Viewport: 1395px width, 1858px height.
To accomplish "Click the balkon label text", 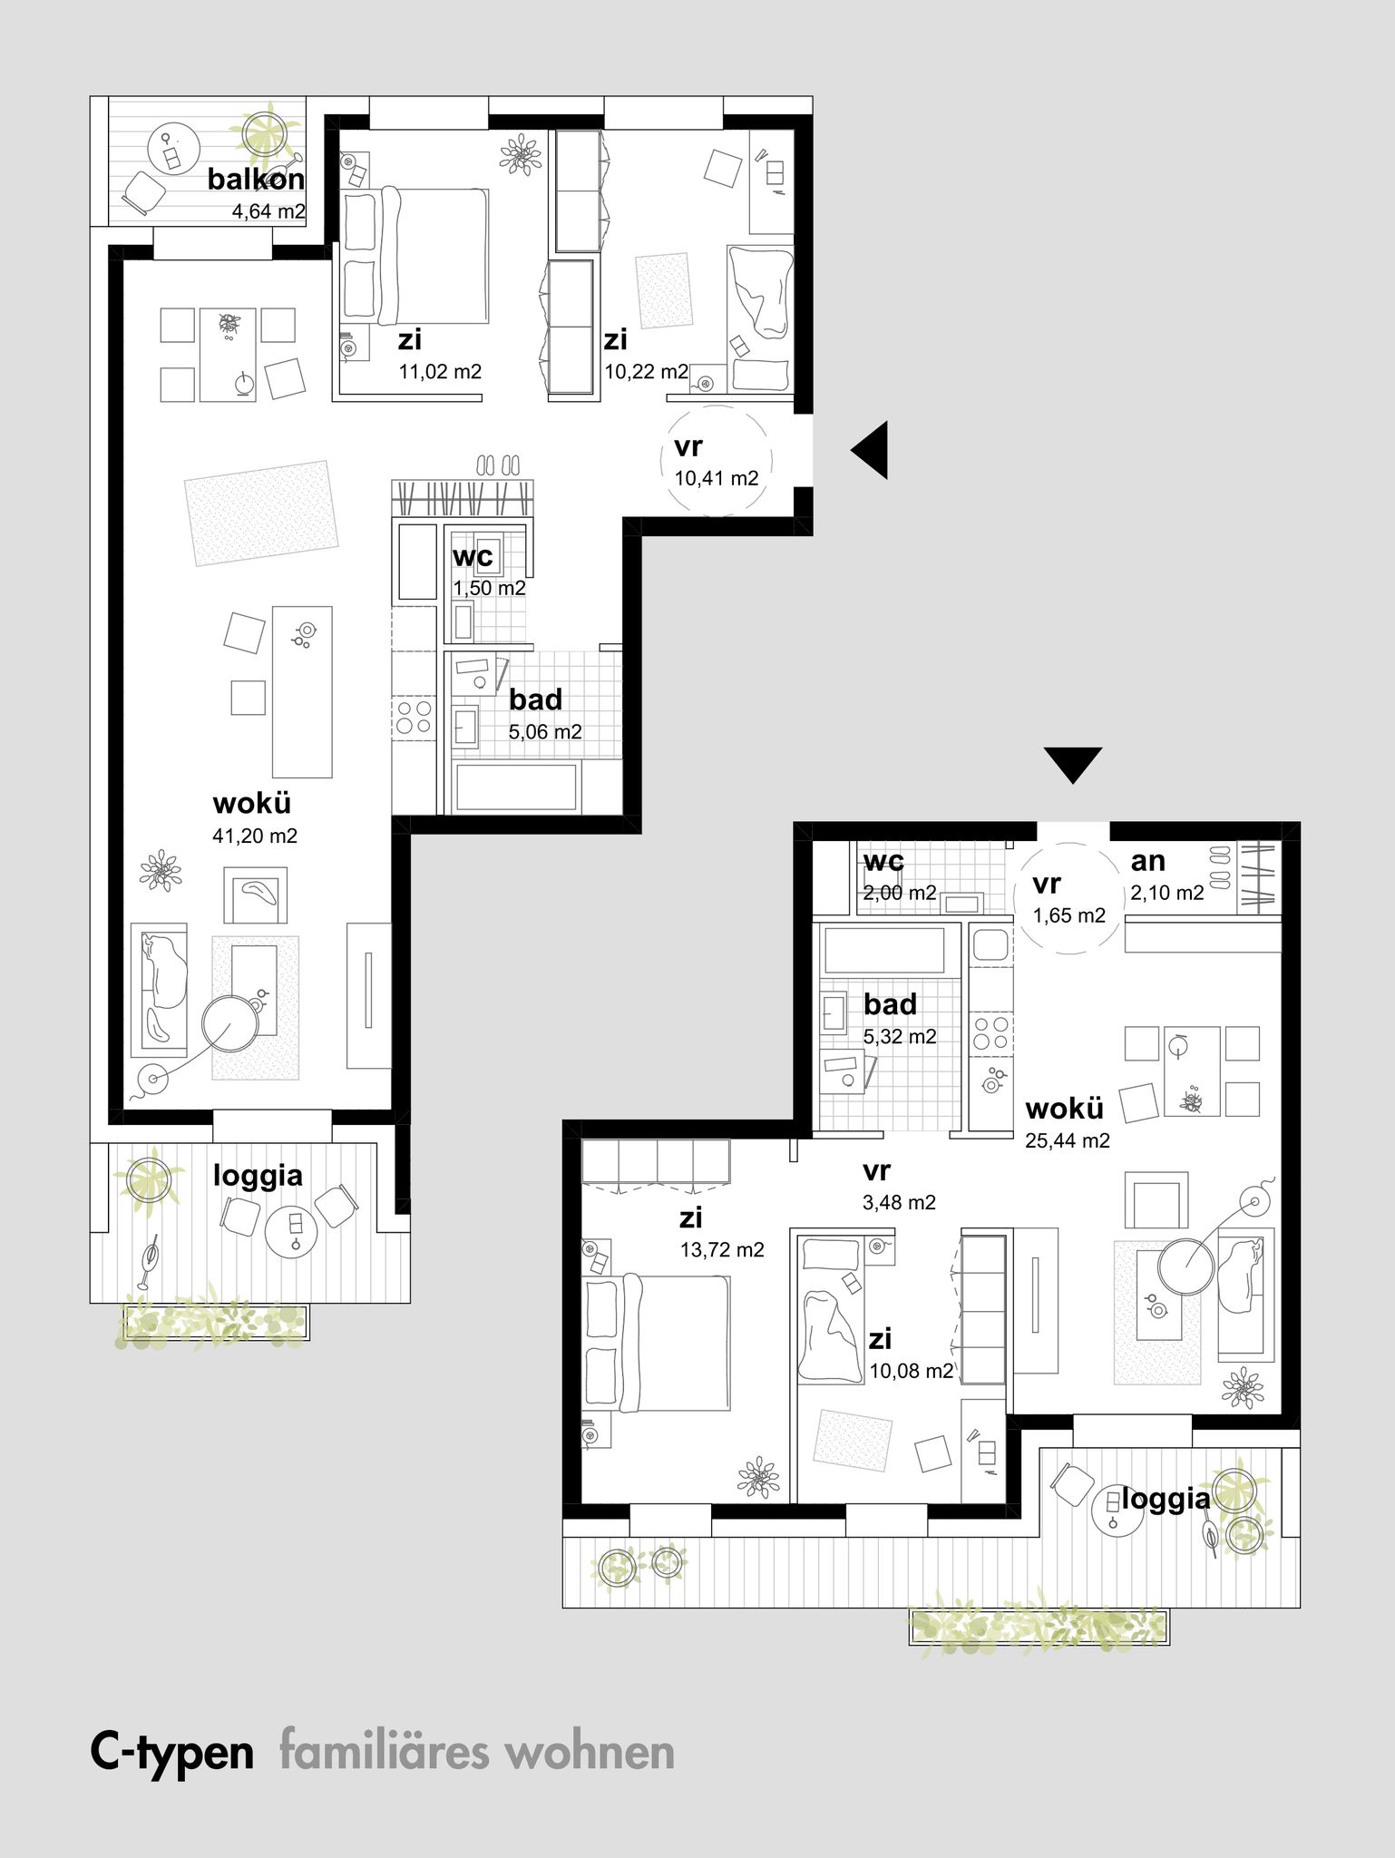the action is [x=256, y=180].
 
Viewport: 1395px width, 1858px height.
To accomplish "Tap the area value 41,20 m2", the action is [x=255, y=836].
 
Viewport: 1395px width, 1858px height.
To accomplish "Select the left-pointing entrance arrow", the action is [x=869, y=450].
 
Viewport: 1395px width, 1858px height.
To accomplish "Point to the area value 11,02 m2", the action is [x=440, y=371].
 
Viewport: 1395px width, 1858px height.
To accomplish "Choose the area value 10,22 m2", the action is [x=647, y=371].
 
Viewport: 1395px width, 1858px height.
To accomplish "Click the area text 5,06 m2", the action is [x=545, y=732].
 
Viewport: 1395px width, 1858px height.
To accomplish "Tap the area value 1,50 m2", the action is [x=490, y=588].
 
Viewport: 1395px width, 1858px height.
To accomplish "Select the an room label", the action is [x=1147, y=861].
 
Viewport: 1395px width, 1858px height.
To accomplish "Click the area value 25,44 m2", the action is [x=1068, y=1141].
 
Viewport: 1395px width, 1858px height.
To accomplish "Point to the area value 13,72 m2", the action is [x=722, y=1250].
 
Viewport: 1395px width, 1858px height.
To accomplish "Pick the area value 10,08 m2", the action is [x=912, y=1371].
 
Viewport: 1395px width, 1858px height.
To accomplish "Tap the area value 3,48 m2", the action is [x=900, y=1203].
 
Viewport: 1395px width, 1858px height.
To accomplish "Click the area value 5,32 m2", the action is [x=900, y=1037].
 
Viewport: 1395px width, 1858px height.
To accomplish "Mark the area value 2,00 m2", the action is [x=900, y=893].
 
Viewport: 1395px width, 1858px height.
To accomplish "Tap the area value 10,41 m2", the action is [x=717, y=479].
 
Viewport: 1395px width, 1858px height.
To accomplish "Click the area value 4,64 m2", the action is [x=269, y=213].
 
